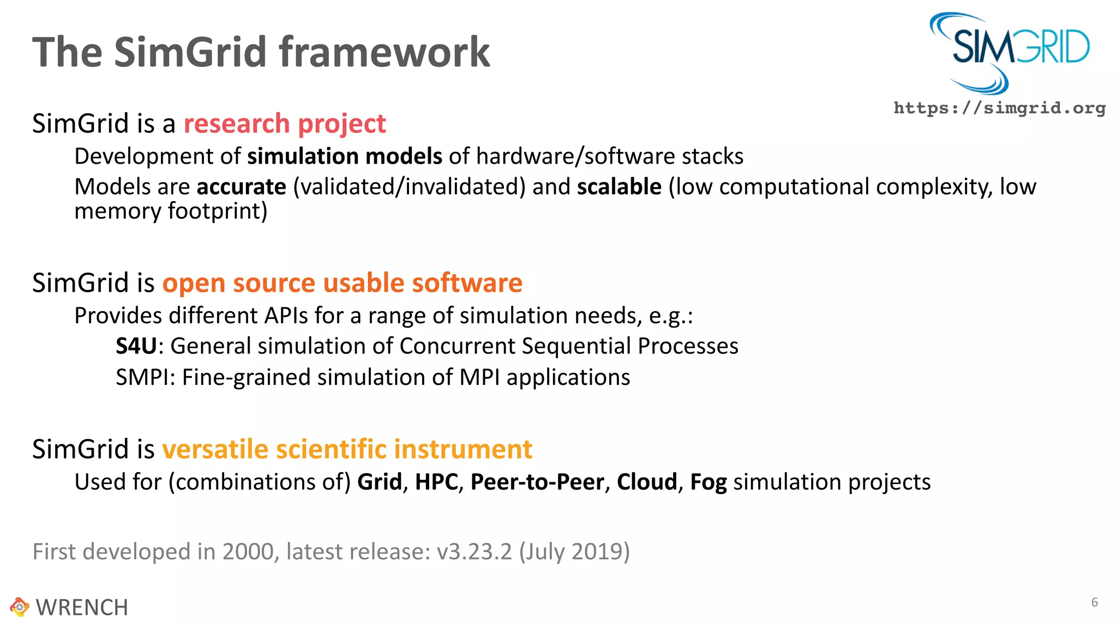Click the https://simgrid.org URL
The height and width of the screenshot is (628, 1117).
(x=999, y=108)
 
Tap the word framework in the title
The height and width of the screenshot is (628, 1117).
(x=385, y=52)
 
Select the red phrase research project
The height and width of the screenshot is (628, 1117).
(x=285, y=124)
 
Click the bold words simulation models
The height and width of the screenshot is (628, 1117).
(x=345, y=156)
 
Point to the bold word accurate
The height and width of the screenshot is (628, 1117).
(x=242, y=187)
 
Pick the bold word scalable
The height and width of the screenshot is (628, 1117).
(x=619, y=187)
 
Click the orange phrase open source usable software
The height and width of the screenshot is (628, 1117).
(x=343, y=283)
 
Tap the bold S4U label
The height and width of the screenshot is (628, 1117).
(x=136, y=346)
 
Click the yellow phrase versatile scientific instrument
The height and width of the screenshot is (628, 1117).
(x=347, y=449)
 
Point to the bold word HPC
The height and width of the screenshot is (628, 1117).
(x=436, y=482)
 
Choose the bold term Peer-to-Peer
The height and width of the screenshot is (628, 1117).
(x=537, y=482)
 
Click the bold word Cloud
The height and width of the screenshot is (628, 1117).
(x=647, y=482)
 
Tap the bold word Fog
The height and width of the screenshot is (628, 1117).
(x=708, y=482)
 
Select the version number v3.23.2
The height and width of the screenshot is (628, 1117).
(x=475, y=552)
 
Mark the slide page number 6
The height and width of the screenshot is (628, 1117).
(x=1094, y=602)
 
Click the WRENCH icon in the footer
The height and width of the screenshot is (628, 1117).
(x=19, y=607)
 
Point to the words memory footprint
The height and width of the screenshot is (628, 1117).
(x=171, y=212)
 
